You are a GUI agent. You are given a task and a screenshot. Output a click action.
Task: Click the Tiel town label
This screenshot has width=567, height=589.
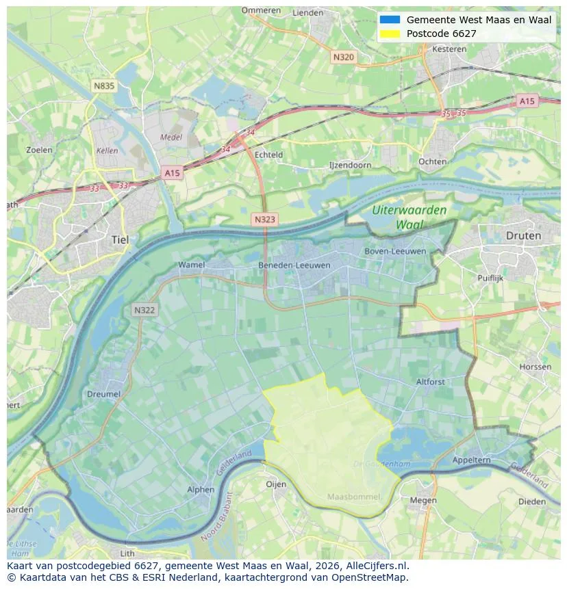click(x=119, y=240)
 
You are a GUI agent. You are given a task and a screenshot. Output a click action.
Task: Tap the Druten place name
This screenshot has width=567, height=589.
click(x=523, y=235)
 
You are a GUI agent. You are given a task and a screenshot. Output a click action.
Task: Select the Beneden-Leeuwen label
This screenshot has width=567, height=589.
click(x=294, y=265)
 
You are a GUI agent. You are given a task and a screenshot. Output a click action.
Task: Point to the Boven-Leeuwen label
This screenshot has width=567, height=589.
click(x=395, y=251)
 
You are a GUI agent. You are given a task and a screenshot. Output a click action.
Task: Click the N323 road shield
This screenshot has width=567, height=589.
click(x=264, y=220)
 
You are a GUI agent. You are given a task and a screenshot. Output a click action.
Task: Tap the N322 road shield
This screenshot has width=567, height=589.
click(x=144, y=310)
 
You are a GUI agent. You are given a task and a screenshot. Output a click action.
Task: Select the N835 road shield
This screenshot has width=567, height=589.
click(x=104, y=86)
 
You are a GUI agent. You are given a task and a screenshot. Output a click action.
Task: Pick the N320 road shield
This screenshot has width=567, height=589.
click(x=343, y=57)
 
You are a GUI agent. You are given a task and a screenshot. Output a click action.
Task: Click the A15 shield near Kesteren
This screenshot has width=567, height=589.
click(x=526, y=101)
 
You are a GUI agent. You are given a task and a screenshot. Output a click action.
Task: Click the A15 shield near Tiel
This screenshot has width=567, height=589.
click(x=172, y=174)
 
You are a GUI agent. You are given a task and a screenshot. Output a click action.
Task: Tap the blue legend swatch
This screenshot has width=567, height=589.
click(x=390, y=20)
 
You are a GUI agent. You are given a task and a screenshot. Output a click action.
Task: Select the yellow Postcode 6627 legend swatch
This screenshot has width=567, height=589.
click(x=390, y=34)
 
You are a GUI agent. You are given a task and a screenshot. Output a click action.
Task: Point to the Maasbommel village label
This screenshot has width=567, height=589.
click(x=353, y=496)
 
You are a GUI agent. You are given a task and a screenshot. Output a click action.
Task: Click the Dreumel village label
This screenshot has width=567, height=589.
click(x=103, y=394)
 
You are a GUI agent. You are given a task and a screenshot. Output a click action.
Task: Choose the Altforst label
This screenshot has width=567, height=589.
click(x=430, y=382)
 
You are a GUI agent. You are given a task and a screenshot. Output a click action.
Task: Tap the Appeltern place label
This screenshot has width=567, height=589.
click(x=471, y=460)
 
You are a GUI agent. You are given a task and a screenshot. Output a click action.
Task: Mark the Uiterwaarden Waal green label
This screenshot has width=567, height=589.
click(x=409, y=217)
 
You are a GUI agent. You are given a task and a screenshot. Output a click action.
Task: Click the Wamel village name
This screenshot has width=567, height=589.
click(x=191, y=265)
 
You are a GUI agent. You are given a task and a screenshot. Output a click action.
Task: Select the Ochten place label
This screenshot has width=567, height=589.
click(x=432, y=161)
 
